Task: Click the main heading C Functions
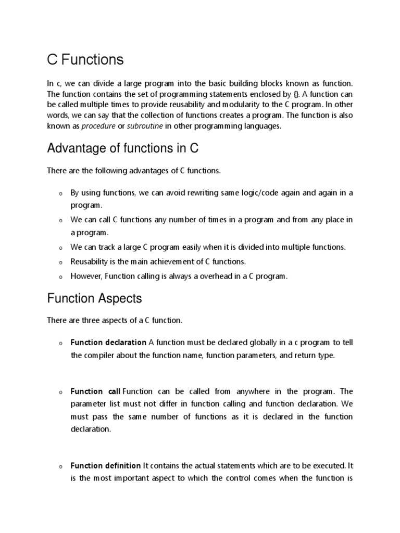coord(85,60)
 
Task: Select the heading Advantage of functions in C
coord(123,149)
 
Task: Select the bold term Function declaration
coord(108,342)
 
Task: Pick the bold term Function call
coord(95,391)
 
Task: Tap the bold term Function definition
coord(106,465)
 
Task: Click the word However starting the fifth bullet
coord(85,276)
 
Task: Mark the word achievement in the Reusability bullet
coord(176,261)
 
